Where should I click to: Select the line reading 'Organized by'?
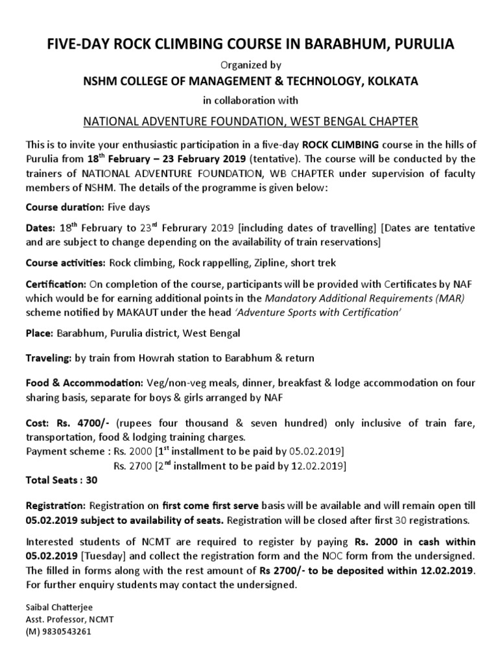pyautogui.click(x=249, y=64)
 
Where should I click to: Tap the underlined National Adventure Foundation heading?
pyautogui.click(x=249, y=121)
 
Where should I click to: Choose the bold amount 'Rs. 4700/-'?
pyautogui.click(x=78, y=423)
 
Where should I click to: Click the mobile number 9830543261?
pyautogui.click(x=64, y=631)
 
